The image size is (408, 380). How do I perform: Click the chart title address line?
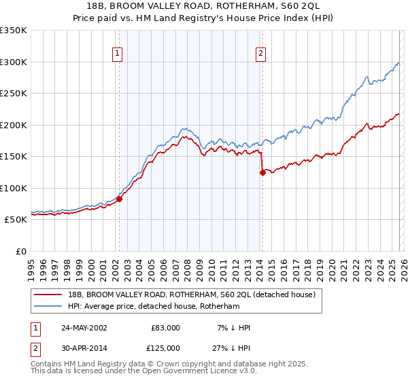204,5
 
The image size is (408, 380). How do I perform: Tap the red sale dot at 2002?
119,199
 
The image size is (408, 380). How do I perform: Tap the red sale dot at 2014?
262,172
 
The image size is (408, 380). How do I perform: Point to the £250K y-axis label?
14,94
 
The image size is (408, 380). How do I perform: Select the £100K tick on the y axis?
14,188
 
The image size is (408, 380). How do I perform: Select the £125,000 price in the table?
165,348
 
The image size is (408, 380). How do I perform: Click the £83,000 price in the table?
165,328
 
